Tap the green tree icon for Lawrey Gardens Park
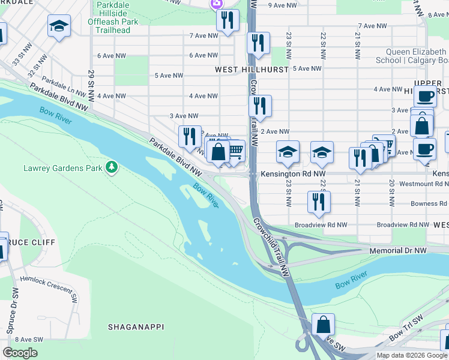(111, 166)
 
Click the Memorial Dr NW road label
(397, 250)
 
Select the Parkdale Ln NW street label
(65, 84)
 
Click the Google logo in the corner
(20, 353)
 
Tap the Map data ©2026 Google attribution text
(412, 355)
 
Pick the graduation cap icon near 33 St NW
(58, 28)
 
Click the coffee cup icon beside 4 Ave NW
(425, 96)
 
